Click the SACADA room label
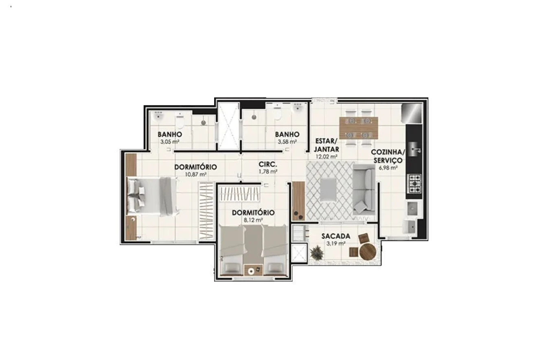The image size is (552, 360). point(335,236)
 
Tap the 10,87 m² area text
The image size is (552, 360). point(196,174)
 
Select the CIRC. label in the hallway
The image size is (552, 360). point(268,164)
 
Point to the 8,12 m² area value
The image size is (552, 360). point(253,220)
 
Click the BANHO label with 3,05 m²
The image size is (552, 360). point(170,134)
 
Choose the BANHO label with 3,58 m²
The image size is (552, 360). point(287,134)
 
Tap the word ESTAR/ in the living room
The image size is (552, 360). point(326,141)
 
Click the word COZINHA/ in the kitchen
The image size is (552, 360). point(388,152)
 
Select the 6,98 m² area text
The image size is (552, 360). point(388,168)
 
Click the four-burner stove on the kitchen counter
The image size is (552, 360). point(415,184)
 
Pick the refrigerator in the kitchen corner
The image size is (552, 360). point(412,113)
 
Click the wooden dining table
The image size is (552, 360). point(359,128)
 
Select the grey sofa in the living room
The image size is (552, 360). point(364,190)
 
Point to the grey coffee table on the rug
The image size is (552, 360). point(328,189)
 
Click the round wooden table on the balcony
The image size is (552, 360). point(368,252)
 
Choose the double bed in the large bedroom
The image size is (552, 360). point(153,196)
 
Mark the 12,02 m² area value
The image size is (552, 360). point(326,156)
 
